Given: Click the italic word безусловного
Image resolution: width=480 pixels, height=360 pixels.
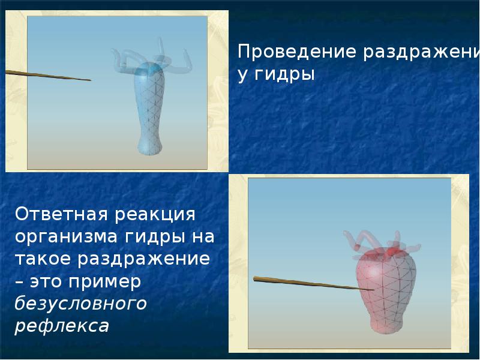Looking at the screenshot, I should pyautogui.click(x=80, y=304).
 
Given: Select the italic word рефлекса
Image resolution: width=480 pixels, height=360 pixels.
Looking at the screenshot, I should pyautogui.click(x=62, y=326).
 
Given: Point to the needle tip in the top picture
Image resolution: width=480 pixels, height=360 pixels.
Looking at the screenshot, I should pyautogui.click(x=89, y=80).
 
